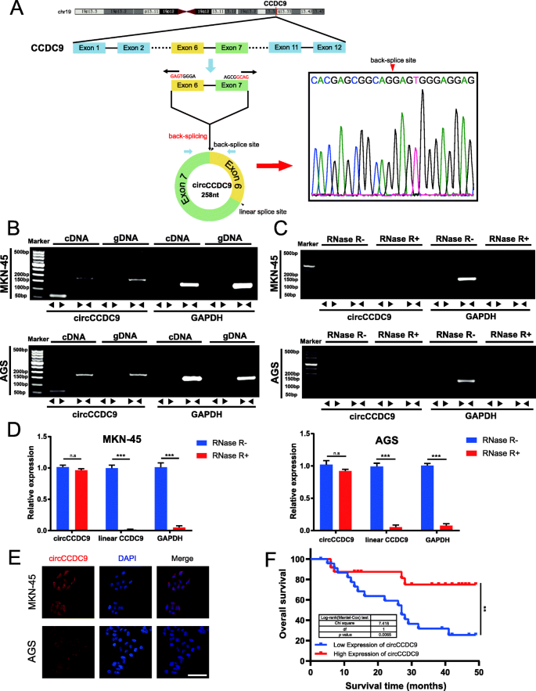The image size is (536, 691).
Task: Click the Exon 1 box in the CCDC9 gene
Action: point(91,48)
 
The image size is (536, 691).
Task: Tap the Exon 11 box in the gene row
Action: point(285,48)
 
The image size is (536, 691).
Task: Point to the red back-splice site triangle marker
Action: point(392,69)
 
